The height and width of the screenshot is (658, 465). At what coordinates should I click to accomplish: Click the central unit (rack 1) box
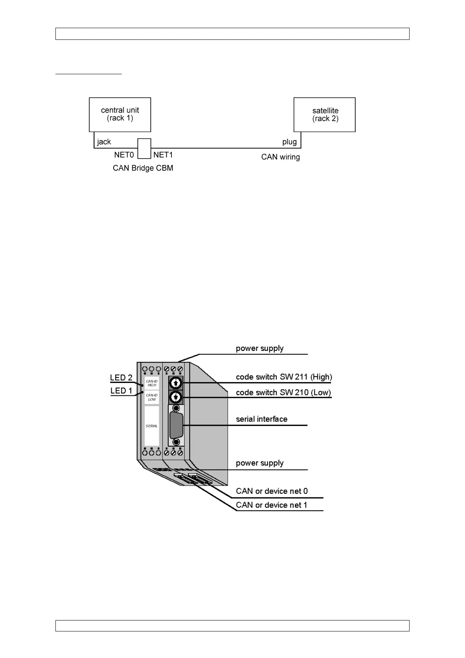pyautogui.click(x=120, y=114)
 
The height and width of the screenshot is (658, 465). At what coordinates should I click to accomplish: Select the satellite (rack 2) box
pyautogui.click(x=324, y=114)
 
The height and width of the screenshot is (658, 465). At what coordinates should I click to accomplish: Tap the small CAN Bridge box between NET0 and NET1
pyautogui.click(x=144, y=148)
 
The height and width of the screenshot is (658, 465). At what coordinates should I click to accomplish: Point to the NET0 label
pyautogui.click(x=124, y=155)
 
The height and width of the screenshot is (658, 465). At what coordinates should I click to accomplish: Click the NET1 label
pyautogui.click(x=163, y=155)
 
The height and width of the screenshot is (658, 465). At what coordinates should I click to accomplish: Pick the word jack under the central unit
pyautogui.click(x=104, y=142)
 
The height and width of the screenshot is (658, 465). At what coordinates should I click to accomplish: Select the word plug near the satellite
pyautogui.click(x=289, y=142)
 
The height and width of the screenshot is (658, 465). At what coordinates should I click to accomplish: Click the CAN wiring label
pyautogui.click(x=280, y=157)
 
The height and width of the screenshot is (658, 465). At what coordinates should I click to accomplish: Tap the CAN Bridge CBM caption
pyautogui.click(x=143, y=168)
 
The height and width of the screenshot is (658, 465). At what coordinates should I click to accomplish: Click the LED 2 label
pyautogui.click(x=121, y=377)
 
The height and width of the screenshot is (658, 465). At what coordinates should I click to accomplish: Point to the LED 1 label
pyautogui.click(x=121, y=391)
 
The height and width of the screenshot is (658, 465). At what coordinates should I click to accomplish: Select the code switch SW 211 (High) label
pyautogui.click(x=284, y=377)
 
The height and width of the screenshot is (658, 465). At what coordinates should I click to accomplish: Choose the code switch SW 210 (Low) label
pyautogui.click(x=283, y=392)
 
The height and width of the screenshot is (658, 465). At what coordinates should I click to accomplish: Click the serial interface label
pyautogui.click(x=262, y=419)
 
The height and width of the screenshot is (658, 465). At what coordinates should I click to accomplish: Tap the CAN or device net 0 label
pyautogui.click(x=272, y=491)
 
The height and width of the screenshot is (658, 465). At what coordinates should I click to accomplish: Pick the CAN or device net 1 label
pyautogui.click(x=271, y=505)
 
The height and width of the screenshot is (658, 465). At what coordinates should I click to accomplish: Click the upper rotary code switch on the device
pyautogui.click(x=176, y=383)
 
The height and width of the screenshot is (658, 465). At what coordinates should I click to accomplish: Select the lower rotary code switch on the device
pyautogui.click(x=176, y=397)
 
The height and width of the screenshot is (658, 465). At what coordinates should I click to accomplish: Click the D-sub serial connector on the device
pyautogui.click(x=176, y=425)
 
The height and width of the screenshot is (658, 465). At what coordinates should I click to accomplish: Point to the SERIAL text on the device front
pyautogui.click(x=151, y=426)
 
